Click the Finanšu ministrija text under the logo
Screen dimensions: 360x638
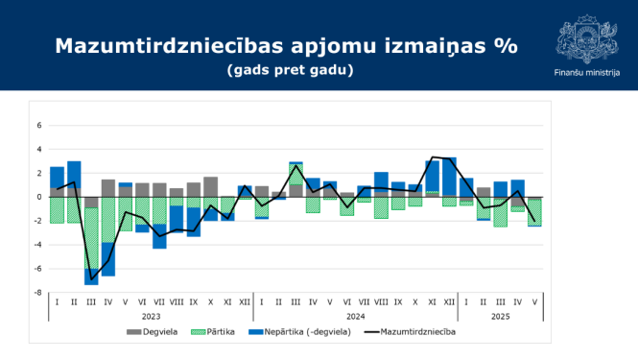586,73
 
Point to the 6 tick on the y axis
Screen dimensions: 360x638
40,125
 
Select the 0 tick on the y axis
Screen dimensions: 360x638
40,197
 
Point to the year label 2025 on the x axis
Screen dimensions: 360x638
500,316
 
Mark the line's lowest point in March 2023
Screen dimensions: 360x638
91,279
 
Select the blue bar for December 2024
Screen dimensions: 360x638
449,176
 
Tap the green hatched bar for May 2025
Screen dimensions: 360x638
534,212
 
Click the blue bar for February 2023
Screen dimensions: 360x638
74,179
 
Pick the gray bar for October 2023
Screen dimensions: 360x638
211,186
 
